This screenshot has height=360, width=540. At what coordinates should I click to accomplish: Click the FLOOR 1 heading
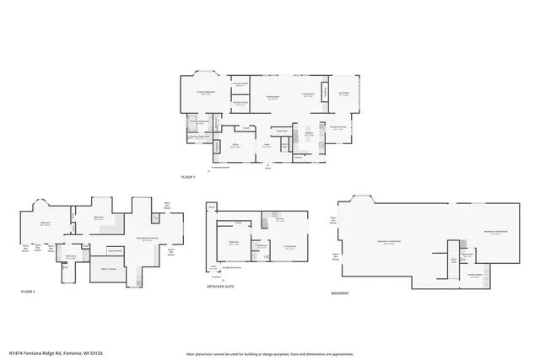(188, 177)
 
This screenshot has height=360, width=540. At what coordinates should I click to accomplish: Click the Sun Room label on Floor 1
(344, 95)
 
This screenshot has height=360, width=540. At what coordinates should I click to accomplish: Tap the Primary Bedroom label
(206, 93)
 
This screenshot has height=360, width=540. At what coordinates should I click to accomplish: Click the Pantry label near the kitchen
(299, 156)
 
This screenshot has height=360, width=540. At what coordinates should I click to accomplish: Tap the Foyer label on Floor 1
(265, 145)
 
